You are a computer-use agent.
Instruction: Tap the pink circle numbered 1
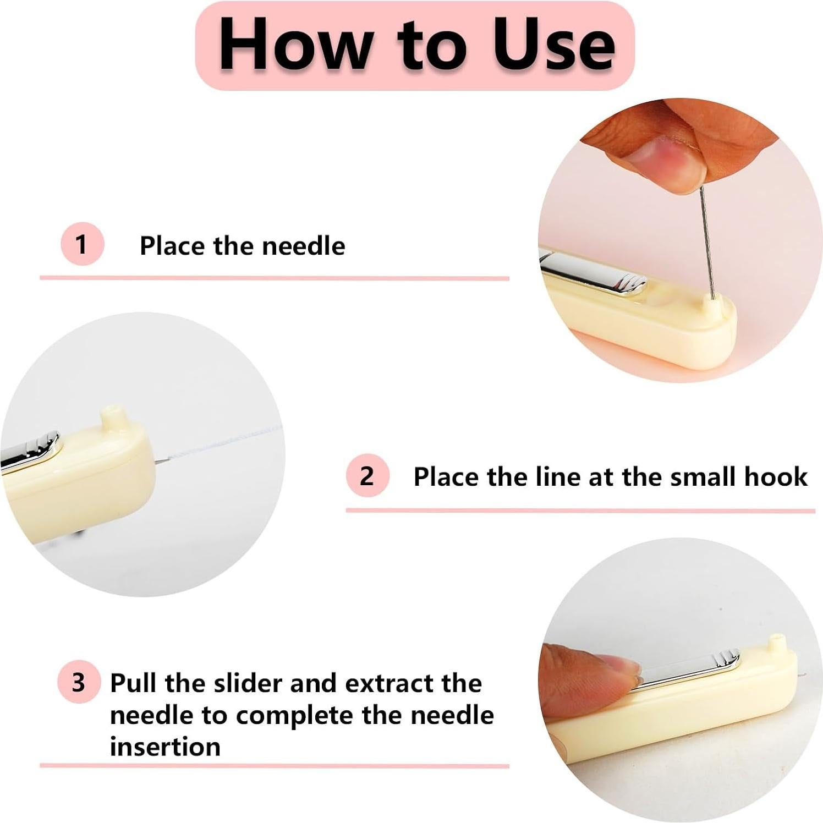pos(82,244)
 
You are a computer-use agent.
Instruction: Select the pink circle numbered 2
pos(367,476)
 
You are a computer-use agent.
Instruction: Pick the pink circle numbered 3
pos(79,682)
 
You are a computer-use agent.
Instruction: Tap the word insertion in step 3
pos(165,747)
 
